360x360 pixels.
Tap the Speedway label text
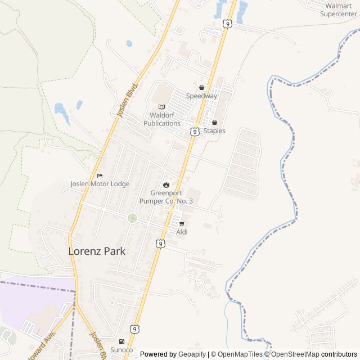(x=201, y=96)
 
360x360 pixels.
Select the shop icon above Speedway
(x=201, y=87)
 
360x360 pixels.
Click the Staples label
(x=214, y=131)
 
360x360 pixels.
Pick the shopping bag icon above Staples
(x=214, y=122)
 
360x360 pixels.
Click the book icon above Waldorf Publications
(x=162, y=107)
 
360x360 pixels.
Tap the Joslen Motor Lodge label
(x=100, y=184)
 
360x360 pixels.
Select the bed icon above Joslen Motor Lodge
(x=100, y=175)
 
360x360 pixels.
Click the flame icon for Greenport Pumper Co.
(x=166, y=184)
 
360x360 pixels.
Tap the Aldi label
(x=182, y=232)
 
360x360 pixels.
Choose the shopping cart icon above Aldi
(x=181, y=223)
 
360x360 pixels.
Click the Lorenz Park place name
(x=97, y=251)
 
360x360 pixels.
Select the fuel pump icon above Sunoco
(x=121, y=341)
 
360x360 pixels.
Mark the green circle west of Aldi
(x=132, y=218)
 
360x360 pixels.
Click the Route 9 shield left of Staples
(x=194, y=131)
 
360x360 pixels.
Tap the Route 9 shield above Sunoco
(x=134, y=328)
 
